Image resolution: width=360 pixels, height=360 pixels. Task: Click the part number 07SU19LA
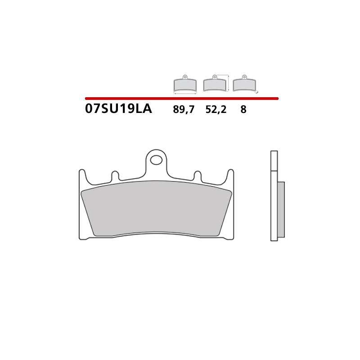pyautogui.click(x=118, y=109)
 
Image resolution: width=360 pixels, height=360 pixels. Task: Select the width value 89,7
pyautogui.click(x=184, y=109)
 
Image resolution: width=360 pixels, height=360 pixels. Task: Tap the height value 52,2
pyautogui.click(x=216, y=109)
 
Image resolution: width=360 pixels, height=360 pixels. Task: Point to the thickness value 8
pyautogui.click(x=243, y=109)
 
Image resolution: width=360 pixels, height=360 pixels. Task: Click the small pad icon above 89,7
pyautogui.click(x=185, y=84)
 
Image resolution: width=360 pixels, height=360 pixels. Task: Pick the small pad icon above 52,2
pyautogui.click(x=215, y=84)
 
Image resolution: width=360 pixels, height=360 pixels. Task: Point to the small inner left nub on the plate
pyautogui.click(x=115, y=175)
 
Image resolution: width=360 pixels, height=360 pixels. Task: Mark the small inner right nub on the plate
pyautogui.click(x=198, y=175)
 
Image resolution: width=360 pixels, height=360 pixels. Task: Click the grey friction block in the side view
pyautogui.click(x=281, y=209)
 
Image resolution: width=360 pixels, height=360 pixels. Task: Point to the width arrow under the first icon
pyautogui.click(x=185, y=93)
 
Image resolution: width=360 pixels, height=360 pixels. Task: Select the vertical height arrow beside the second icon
pyautogui.click(x=229, y=83)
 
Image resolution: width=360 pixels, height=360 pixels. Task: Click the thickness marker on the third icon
pyautogui.click(x=257, y=92)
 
